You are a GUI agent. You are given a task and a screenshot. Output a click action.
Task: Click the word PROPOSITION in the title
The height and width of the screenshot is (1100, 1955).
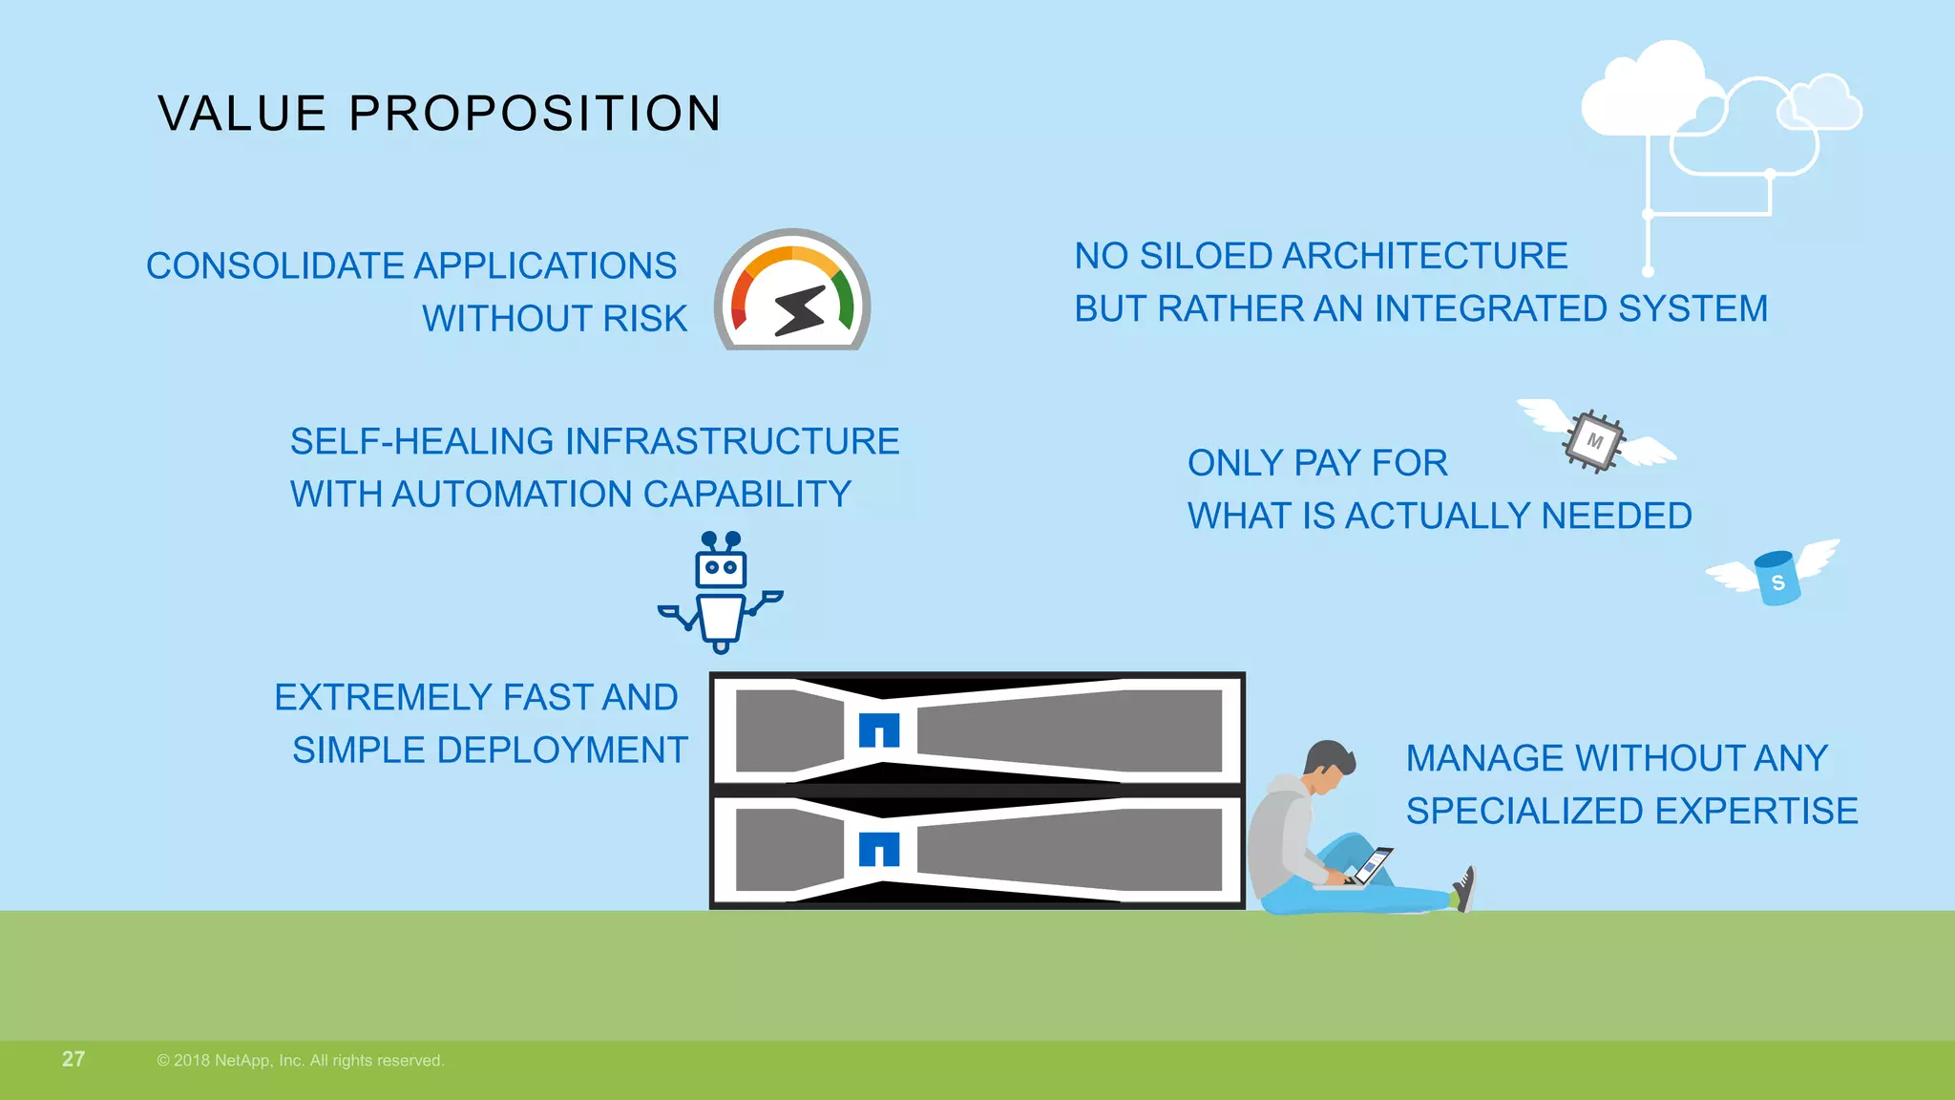535,114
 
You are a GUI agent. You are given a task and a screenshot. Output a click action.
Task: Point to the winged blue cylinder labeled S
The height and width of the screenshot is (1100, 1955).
1776,578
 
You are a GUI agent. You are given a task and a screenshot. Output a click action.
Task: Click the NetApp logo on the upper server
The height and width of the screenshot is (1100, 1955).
879,730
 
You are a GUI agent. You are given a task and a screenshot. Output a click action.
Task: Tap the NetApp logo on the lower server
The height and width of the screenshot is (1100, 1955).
879,849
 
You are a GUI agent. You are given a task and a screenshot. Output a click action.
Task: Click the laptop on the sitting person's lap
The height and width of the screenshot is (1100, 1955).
1369,867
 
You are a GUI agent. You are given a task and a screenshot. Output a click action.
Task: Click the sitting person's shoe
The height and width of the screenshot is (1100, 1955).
1464,889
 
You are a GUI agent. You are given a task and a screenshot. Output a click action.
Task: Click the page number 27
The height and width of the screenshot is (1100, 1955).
74,1059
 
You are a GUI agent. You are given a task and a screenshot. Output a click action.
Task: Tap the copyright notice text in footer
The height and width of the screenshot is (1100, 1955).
301,1061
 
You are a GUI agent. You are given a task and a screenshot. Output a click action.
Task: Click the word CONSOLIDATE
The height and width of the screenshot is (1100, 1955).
275,266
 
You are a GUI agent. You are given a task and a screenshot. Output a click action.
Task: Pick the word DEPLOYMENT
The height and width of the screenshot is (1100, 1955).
562,751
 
